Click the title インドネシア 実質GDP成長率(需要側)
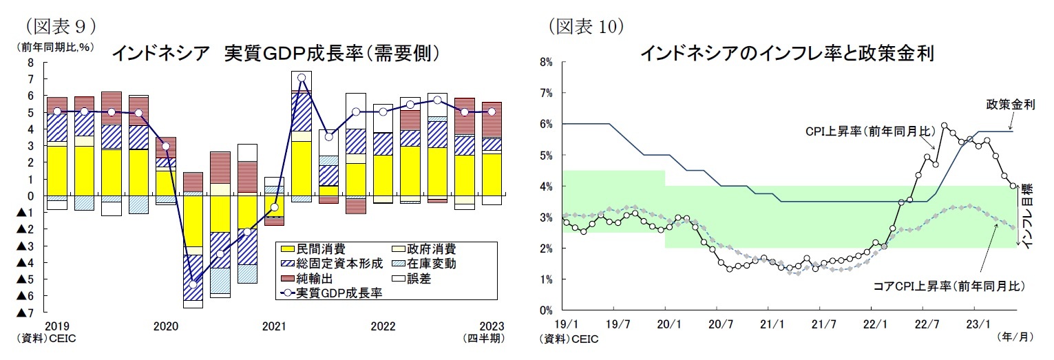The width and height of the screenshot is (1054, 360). pos(275,53)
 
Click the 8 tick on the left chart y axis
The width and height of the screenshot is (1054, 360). pos(30,63)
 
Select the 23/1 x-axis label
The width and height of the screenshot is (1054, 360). pos(979,321)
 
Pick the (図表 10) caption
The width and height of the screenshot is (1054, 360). pos(586,26)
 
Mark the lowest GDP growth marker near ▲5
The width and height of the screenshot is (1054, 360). pos(193,284)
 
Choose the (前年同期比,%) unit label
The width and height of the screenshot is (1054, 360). pos(55,47)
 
